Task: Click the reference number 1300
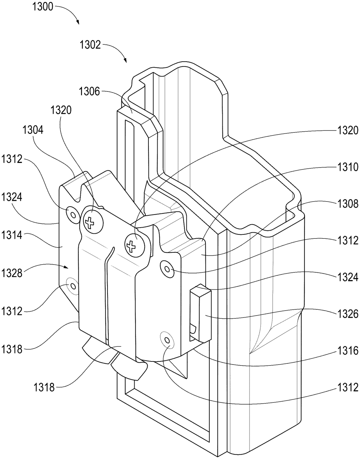click(x=42, y=7)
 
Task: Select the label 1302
click(x=90, y=45)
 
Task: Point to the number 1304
click(x=33, y=130)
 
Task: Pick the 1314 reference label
click(x=12, y=235)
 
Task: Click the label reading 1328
click(x=12, y=273)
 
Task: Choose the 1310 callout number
click(x=348, y=167)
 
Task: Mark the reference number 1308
click(x=348, y=204)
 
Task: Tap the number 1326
click(x=348, y=314)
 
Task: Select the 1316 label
click(x=348, y=351)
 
